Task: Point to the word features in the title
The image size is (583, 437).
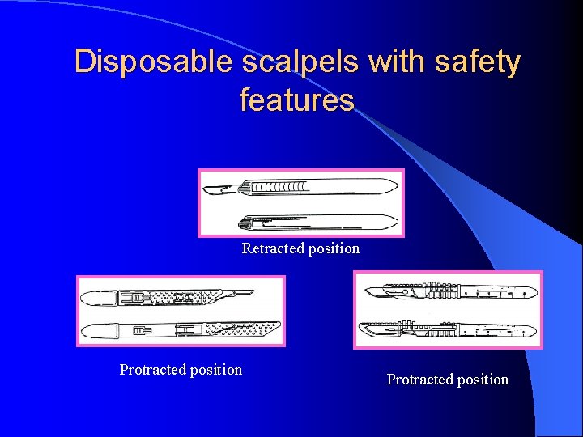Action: [x=297, y=100]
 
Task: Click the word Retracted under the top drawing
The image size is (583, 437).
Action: [x=271, y=248]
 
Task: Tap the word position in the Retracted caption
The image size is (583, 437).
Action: [x=331, y=248]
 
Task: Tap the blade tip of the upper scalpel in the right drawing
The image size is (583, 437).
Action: [x=368, y=291]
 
